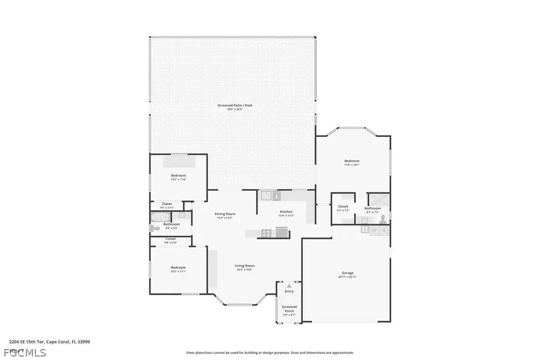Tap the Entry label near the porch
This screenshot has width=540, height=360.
(x=289, y=291)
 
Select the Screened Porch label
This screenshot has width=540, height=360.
(x=289, y=308)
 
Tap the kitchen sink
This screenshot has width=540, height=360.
(x=268, y=195)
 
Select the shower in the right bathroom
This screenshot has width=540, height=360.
(x=378, y=200)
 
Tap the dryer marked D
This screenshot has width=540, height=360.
(x=384, y=230)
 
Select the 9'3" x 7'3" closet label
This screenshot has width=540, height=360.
(x=343, y=208)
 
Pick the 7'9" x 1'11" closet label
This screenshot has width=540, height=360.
(x=167, y=205)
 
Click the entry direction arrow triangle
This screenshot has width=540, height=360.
(x=289, y=286)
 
